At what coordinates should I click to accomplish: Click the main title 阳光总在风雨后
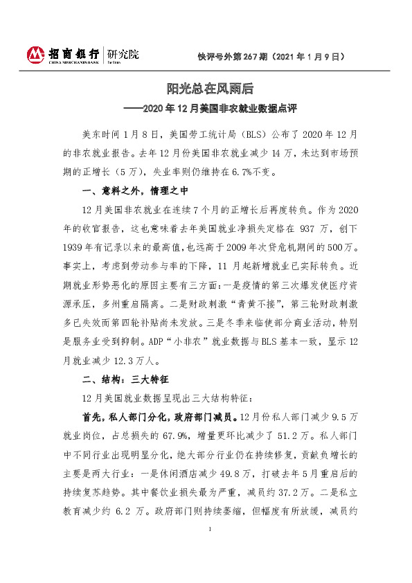[210, 88]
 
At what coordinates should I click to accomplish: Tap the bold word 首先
[92, 418]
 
